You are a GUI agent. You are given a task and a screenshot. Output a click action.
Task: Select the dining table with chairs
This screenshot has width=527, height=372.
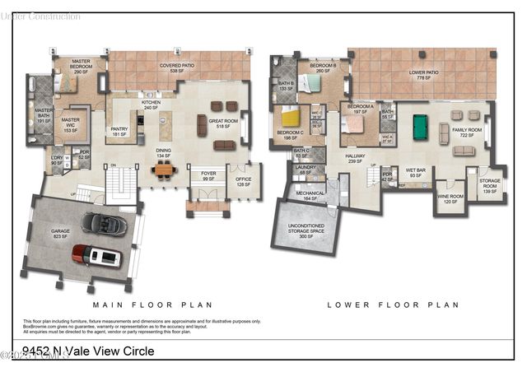[x=165, y=170]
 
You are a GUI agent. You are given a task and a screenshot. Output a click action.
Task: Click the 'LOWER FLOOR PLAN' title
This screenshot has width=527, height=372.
[x=393, y=304]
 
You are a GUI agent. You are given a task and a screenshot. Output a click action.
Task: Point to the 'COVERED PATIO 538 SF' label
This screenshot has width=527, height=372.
[x=177, y=67]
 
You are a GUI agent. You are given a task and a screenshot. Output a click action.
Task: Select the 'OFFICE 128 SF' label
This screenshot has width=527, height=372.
[x=243, y=182]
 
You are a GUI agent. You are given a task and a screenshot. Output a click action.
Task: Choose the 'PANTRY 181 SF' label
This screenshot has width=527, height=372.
[x=120, y=131]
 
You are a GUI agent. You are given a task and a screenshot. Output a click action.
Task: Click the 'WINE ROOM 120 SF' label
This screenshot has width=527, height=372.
[x=450, y=198]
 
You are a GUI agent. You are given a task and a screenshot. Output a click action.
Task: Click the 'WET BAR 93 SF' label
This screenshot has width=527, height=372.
[x=413, y=174]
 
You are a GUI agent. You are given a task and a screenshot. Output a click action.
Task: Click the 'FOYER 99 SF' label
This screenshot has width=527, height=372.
[x=208, y=176]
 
